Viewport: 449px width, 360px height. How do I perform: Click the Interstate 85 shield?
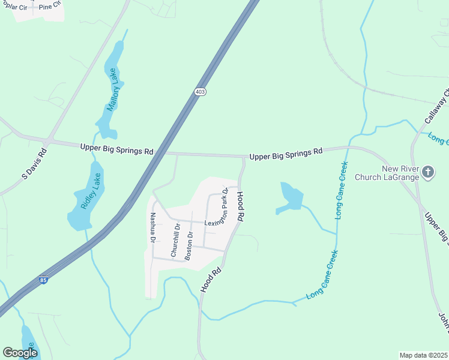pyautogui.click(x=43, y=280)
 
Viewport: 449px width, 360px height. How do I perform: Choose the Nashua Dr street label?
pyautogui.click(x=153, y=228)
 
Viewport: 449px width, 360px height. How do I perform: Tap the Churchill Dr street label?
pyautogui.click(x=176, y=241)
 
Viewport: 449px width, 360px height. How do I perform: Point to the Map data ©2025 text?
pyautogui.click(x=423, y=355)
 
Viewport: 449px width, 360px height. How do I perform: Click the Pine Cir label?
pyautogui.click(x=50, y=7)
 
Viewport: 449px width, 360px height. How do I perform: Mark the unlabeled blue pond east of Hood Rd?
pyautogui.click(x=291, y=197)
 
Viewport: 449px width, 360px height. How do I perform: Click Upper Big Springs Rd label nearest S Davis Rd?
pyautogui.click(x=116, y=148)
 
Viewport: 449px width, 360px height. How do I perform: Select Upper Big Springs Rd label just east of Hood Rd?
pyautogui.click(x=286, y=154)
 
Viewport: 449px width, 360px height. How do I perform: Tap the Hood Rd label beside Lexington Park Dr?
pyautogui.click(x=240, y=207)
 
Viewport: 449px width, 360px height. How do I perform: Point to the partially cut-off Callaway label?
pyautogui.click(x=436, y=107)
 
